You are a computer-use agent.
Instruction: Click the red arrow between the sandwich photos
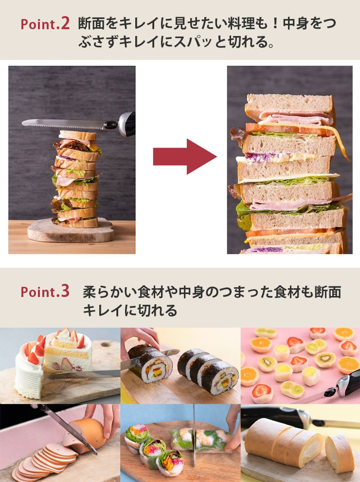[x=184, y=157]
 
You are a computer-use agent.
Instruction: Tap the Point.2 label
[x=45, y=24]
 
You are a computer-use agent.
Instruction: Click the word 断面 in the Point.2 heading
[x=91, y=23]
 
